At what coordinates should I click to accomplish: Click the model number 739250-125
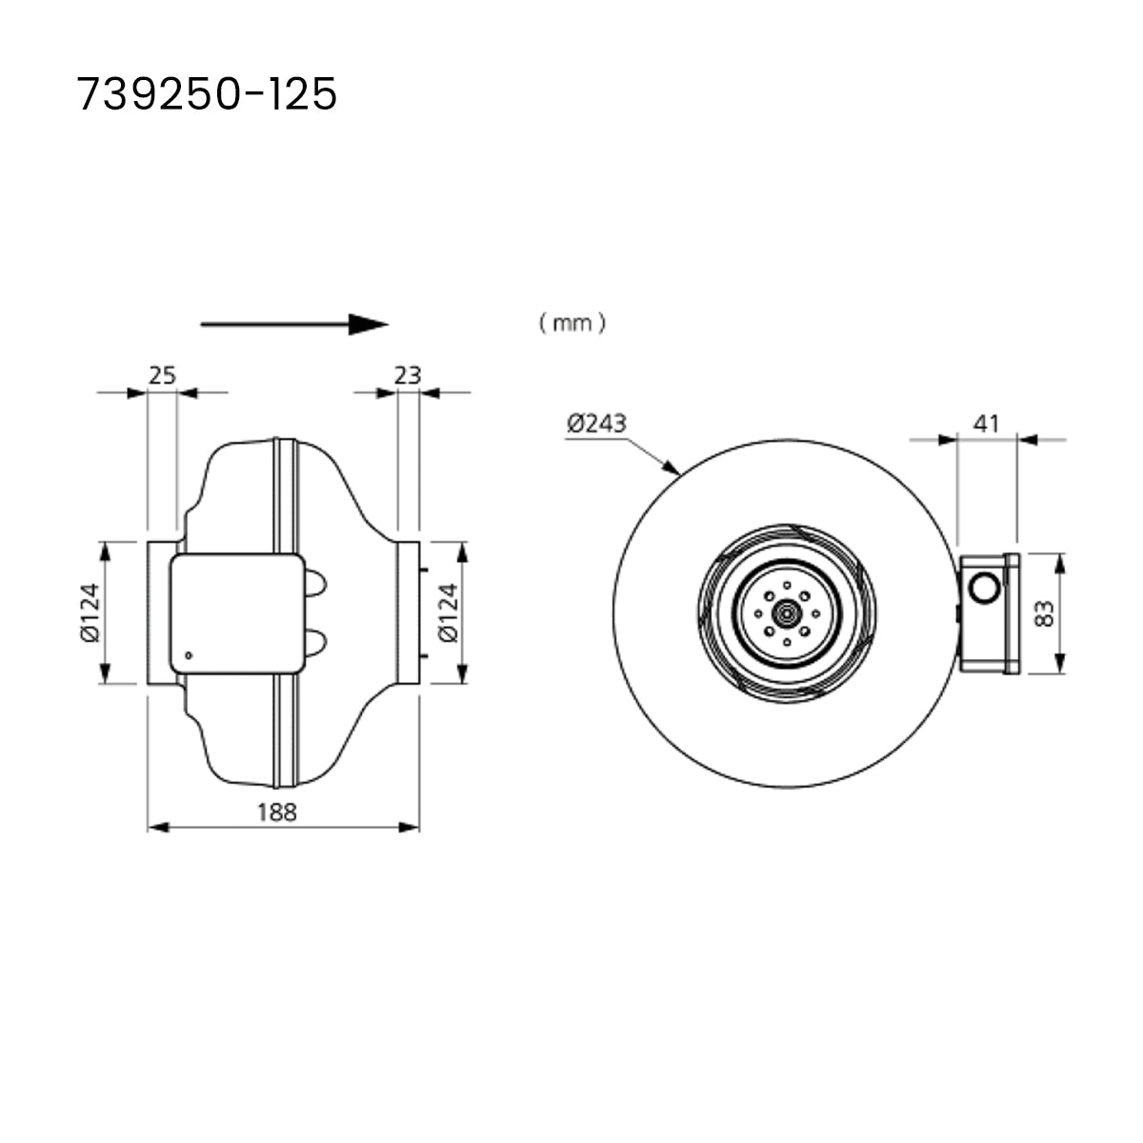(x=207, y=94)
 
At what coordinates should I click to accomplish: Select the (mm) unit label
(x=571, y=324)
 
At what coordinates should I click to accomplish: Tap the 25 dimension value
(x=163, y=375)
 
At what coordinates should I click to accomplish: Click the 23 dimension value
(x=408, y=375)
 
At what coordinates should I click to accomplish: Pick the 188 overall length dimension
(x=277, y=812)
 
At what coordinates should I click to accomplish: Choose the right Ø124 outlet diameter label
(x=447, y=612)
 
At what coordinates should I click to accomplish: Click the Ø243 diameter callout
(x=596, y=423)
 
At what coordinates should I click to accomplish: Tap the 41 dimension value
(x=988, y=423)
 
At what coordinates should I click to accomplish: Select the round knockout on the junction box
(x=982, y=587)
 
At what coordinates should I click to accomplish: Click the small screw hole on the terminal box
(x=189, y=654)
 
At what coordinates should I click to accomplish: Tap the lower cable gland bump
(x=316, y=642)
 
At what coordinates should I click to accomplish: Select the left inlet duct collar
(x=159, y=612)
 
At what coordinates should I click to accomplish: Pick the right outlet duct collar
(x=408, y=612)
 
